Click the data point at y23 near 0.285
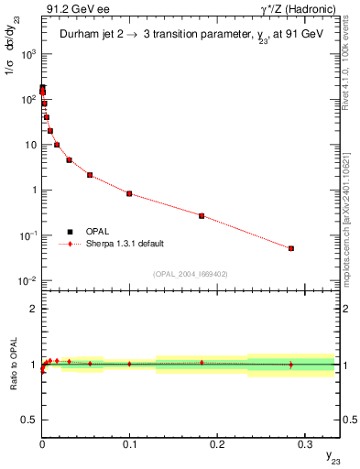[x=291, y=248]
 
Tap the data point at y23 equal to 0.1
[x=129, y=193]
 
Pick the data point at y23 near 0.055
[x=90, y=175]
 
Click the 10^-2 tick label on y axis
[x=27, y=280]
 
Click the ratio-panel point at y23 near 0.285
[x=291, y=365]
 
